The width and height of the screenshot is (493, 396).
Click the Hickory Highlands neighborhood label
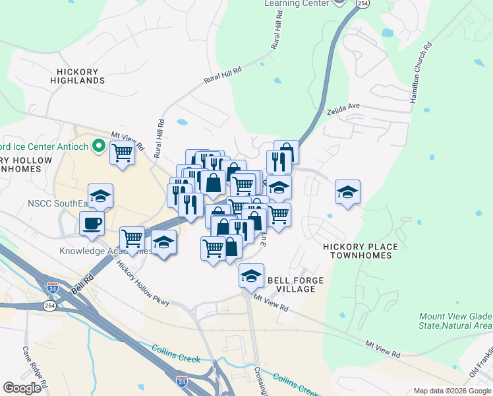click(78, 76)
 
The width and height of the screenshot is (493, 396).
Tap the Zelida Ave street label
click(343, 109)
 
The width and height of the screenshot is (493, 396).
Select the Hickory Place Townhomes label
click(361, 251)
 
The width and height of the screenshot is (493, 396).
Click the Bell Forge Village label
click(295, 284)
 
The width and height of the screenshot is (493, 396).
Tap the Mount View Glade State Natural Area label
click(455, 321)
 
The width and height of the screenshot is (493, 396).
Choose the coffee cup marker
click(92, 223)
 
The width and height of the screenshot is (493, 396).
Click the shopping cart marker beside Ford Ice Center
click(122, 153)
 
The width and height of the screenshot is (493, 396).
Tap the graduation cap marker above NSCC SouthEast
click(100, 195)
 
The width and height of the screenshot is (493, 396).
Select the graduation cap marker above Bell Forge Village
click(251, 275)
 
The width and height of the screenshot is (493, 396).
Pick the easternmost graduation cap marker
click(347, 191)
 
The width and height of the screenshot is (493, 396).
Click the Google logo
click(22, 388)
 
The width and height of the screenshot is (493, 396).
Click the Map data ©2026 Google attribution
click(452, 391)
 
